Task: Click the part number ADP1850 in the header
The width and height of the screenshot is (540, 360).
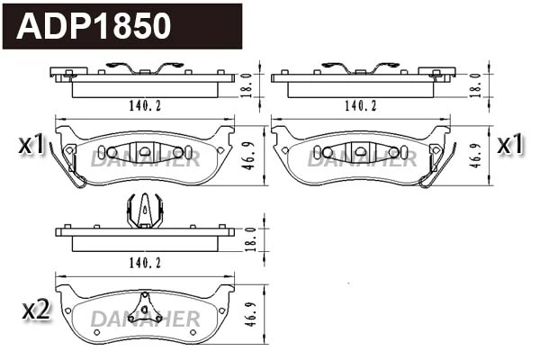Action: (94, 26)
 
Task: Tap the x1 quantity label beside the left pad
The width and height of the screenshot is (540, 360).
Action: (31, 144)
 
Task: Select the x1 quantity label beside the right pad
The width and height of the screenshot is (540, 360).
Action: (510, 144)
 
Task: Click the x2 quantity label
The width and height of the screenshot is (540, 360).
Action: (34, 310)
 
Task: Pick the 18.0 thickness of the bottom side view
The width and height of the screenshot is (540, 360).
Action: (253, 237)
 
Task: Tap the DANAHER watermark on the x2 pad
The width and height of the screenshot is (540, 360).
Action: (144, 319)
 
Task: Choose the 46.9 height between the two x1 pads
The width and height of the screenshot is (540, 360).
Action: (253, 153)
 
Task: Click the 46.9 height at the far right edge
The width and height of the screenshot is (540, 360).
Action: (474, 153)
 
